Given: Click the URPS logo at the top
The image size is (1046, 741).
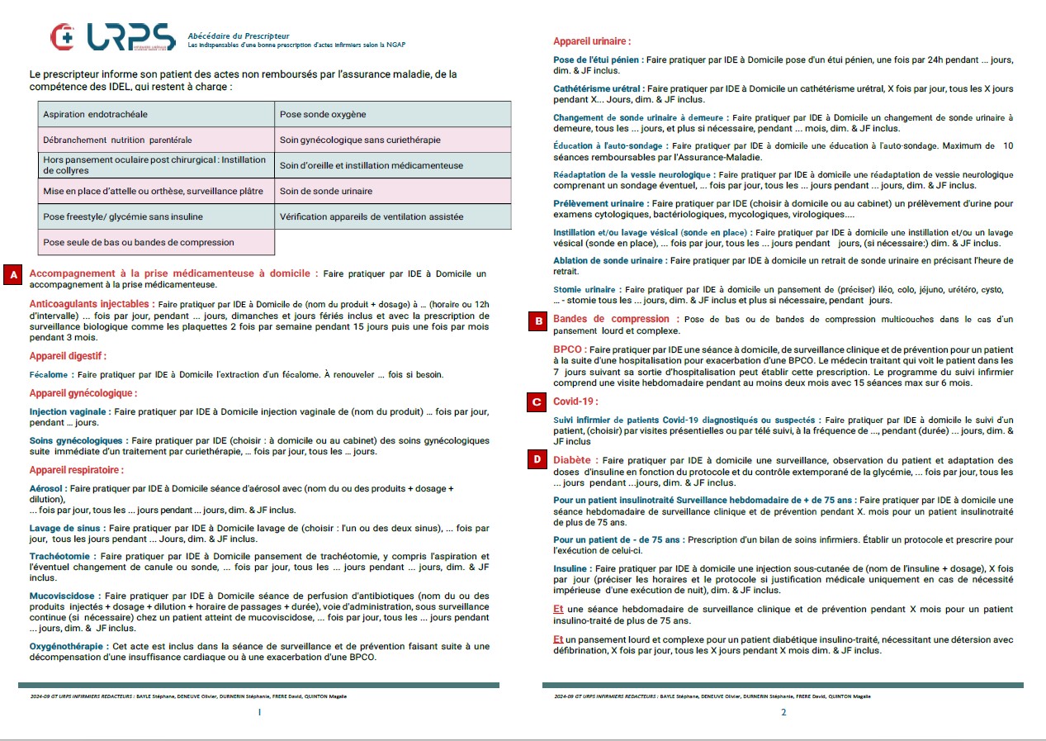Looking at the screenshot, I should [112, 37].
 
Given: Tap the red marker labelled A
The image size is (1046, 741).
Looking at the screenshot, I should [14, 274].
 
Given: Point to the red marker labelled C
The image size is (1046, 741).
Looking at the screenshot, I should [537, 402].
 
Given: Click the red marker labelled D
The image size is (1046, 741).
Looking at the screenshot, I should [537, 458].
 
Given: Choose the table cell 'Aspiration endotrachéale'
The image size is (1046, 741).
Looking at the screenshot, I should [156, 114].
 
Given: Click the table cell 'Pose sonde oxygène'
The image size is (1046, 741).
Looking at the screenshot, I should [392, 114].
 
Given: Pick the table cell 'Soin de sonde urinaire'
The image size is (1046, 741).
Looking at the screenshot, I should [392, 191].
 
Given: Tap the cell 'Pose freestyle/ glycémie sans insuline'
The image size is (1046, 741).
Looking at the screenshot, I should [156, 216].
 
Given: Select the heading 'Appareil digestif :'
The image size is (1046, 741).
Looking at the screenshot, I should [68, 356].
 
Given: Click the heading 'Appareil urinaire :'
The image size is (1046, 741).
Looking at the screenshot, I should [592, 41].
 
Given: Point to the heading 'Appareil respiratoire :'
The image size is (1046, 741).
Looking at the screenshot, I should [77, 470].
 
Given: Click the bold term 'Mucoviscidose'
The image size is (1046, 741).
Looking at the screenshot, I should [62, 596].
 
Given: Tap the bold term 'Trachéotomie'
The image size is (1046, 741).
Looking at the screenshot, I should [59, 556].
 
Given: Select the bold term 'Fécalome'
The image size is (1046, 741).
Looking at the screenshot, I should [49, 375].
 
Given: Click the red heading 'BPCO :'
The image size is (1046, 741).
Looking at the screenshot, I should [570, 349].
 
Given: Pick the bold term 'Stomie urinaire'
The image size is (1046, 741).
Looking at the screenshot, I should [585, 290].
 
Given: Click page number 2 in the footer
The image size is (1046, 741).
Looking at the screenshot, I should [783, 713].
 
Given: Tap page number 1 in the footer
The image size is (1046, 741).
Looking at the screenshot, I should [259, 713].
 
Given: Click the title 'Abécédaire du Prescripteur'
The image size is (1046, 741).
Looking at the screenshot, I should [239, 36].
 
